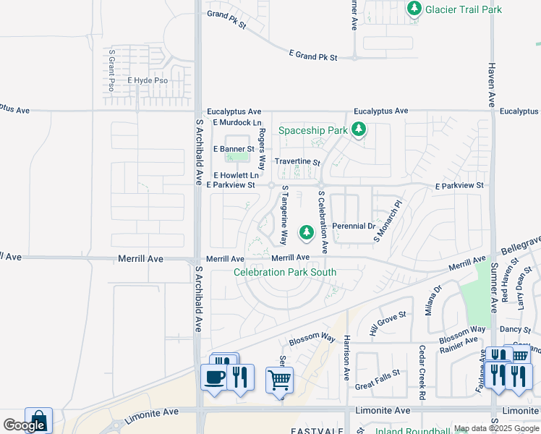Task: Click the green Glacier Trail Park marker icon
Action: (x=414, y=9)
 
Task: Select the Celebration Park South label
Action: (x=284, y=272)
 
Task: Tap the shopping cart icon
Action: (x=279, y=379)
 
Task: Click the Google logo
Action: (x=23, y=425)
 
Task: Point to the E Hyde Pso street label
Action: (x=148, y=81)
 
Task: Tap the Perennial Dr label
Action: (x=354, y=226)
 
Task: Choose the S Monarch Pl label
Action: (x=387, y=221)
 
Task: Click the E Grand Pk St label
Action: (x=313, y=55)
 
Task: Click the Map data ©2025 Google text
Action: (x=495, y=428)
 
